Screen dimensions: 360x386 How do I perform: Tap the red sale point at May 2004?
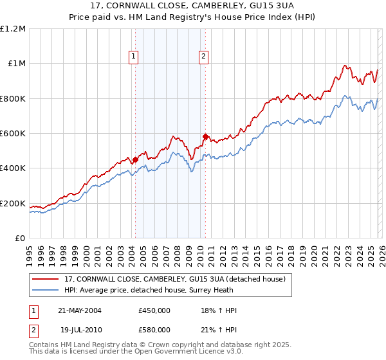[x=136, y=159]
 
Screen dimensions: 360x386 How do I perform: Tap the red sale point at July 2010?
[x=205, y=136]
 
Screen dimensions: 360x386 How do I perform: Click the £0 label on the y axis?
[x=20, y=238]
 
